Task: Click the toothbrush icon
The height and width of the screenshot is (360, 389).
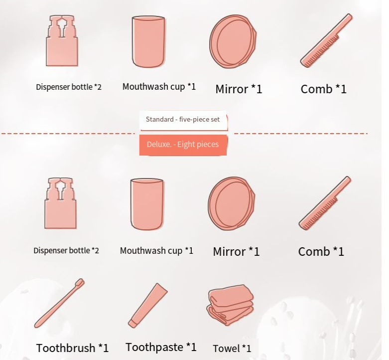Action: (59, 303)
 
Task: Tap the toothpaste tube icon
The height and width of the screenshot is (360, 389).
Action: (148, 305)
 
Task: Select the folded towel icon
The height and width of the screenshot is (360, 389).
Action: (230, 305)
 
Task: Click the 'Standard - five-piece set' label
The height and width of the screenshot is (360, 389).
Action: (183, 120)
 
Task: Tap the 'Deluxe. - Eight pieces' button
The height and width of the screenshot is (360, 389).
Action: (183, 145)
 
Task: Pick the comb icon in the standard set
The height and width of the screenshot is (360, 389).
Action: (326, 40)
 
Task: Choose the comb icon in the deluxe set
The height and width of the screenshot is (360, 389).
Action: (325, 203)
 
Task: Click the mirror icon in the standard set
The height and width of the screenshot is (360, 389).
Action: (233, 41)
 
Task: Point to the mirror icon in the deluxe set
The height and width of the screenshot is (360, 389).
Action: (232, 203)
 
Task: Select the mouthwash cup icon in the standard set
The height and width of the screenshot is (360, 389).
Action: (148, 42)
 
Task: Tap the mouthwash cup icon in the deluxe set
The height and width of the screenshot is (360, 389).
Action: (147, 204)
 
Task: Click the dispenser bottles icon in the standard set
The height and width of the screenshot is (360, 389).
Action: (62, 40)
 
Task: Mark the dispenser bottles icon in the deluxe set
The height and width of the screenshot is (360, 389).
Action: (61, 203)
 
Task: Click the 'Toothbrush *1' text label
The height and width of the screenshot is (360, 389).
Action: (72, 348)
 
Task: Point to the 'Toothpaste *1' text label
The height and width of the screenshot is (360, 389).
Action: (161, 347)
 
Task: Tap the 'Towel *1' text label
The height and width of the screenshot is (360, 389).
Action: (232, 349)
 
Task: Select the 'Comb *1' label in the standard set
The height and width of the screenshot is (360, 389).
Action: (324, 89)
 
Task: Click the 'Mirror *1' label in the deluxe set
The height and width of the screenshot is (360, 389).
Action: (236, 251)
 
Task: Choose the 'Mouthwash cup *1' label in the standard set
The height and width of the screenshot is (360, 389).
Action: (159, 87)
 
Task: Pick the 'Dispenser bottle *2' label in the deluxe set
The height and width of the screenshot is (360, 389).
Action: (66, 250)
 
